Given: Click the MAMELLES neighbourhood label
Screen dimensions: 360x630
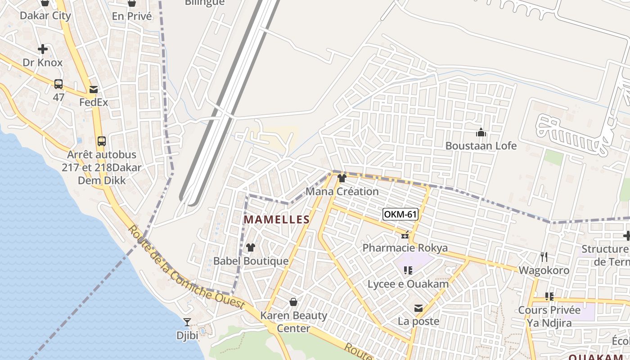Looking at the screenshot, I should point(276,220).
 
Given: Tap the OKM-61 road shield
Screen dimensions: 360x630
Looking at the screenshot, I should point(400,214).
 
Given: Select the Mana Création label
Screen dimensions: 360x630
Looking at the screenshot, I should point(342,191).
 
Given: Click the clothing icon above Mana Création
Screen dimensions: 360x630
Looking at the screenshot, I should point(342,178).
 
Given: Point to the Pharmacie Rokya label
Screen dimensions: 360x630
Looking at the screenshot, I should point(405,248).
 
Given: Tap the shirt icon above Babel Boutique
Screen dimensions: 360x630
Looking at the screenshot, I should point(251,247).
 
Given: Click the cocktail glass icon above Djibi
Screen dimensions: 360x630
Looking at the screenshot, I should point(187,322).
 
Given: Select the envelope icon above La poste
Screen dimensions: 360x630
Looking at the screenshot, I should point(418,308).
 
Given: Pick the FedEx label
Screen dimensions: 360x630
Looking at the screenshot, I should point(94,102).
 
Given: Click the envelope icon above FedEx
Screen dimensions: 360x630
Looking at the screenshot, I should point(94,89).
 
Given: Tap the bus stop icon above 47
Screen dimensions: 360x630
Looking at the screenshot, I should point(58,84).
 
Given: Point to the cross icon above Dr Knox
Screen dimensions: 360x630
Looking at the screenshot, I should point(43,49).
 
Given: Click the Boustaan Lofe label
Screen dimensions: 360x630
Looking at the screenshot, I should point(481,146).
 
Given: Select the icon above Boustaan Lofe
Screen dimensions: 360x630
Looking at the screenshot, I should point(481,133).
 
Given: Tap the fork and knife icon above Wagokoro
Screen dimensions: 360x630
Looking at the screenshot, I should point(544,257).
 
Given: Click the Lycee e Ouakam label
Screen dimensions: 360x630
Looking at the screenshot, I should point(408,284).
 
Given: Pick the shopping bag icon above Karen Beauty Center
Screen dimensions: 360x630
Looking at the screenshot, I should point(293,302).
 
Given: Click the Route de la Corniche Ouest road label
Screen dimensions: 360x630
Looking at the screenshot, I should point(186,268).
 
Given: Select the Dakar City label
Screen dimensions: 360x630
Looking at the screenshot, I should point(45,16).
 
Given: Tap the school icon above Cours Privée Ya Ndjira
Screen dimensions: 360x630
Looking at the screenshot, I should point(549,297).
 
